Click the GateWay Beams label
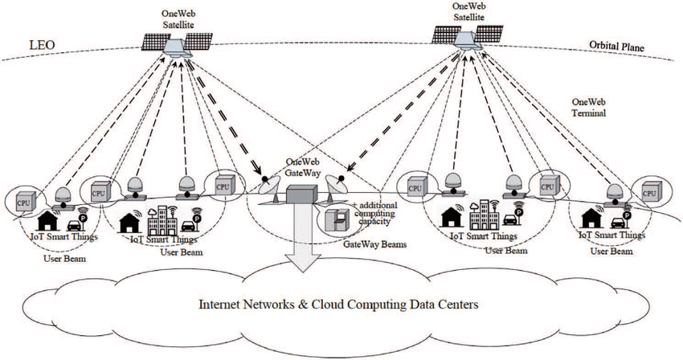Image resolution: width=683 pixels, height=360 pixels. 371,241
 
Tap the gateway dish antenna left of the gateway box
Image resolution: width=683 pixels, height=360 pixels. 272,190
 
